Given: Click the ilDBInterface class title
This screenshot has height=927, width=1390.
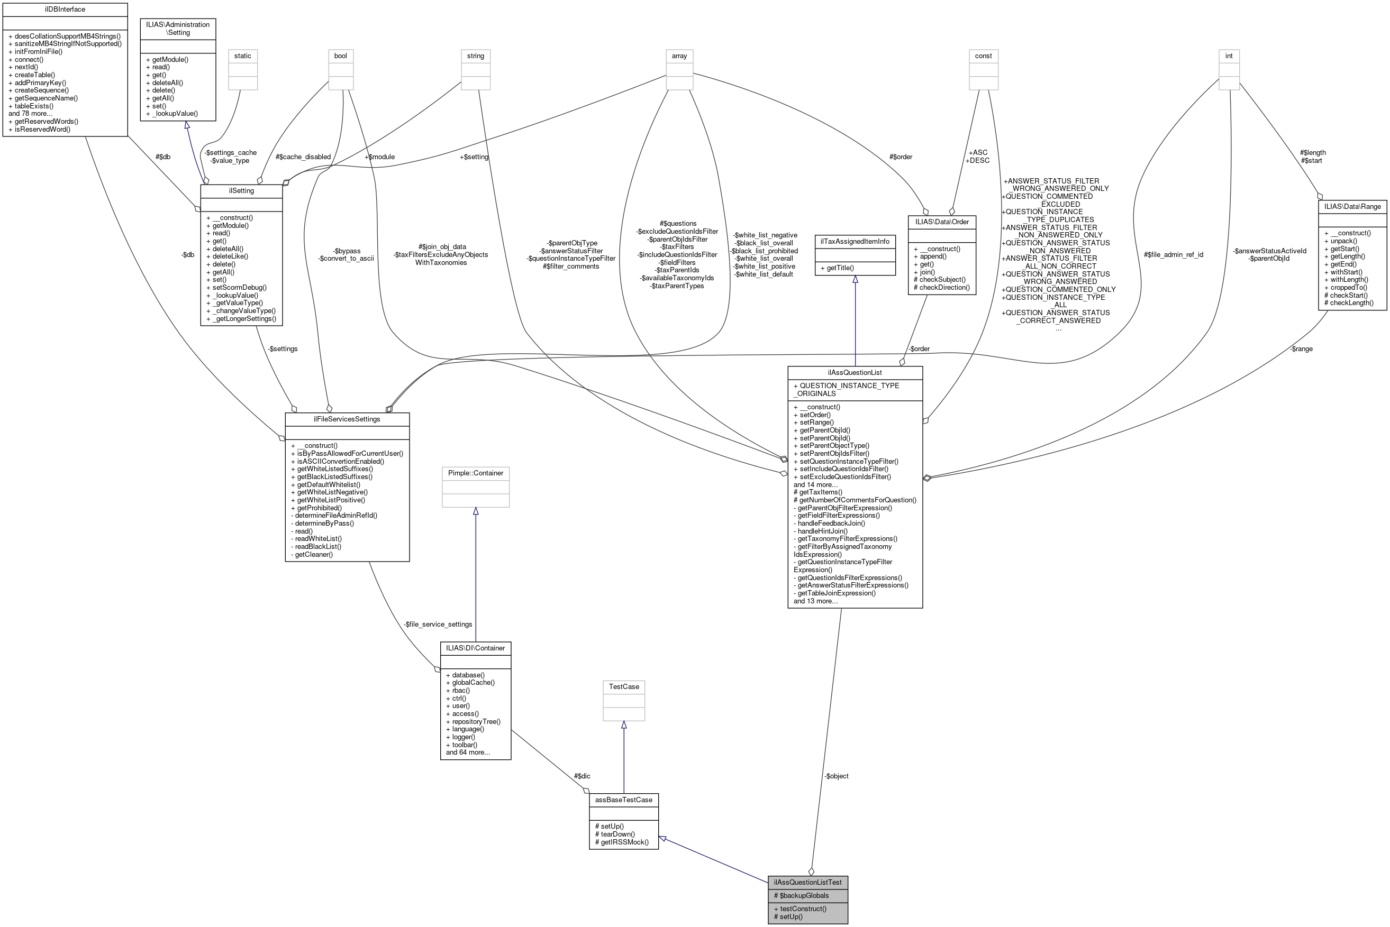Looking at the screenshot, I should (x=65, y=10).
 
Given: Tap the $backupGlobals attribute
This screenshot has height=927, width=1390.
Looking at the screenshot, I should (x=801, y=895).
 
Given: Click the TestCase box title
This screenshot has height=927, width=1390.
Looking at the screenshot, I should (x=623, y=686).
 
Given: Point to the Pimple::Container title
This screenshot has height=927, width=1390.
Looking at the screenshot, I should (x=475, y=473).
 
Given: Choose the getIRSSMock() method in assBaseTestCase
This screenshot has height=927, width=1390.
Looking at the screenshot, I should (x=621, y=842).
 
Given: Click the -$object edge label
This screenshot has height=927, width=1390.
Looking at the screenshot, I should (x=836, y=776).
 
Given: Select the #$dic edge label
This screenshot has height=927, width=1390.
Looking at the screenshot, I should (x=582, y=776).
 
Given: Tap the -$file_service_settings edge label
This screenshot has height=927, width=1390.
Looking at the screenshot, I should (x=438, y=625).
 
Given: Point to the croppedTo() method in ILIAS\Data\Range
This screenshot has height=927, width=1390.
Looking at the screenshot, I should (x=1345, y=287).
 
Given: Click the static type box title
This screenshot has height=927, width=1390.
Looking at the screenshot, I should (x=242, y=56).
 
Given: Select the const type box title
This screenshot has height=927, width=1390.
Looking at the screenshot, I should (x=983, y=56).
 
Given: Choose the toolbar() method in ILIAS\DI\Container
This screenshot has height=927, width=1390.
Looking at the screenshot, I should (x=461, y=745).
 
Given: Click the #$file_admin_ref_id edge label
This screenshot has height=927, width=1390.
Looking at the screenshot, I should (x=1173, y=255).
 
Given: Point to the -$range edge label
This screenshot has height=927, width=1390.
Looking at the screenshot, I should (x=1301, y=349).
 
